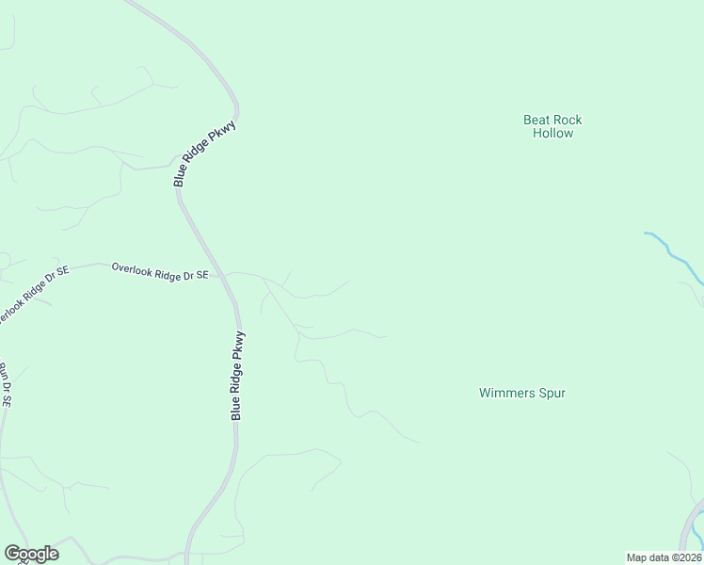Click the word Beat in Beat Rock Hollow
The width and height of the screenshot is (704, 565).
tap(537, 120)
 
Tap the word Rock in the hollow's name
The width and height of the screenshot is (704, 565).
tap(568, 120)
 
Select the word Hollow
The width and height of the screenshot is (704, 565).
tap(552, 134)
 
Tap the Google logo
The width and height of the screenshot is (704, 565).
tap(31, 554)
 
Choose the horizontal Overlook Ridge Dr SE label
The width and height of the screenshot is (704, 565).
tap(159, 271)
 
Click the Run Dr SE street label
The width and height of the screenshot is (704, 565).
tap(5, 385)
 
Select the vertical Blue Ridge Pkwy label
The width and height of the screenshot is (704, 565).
tap(240, 375)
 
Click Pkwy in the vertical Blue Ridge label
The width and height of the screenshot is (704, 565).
tap(241, 343)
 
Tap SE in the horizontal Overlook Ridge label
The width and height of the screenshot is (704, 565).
tap(200, 274)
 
